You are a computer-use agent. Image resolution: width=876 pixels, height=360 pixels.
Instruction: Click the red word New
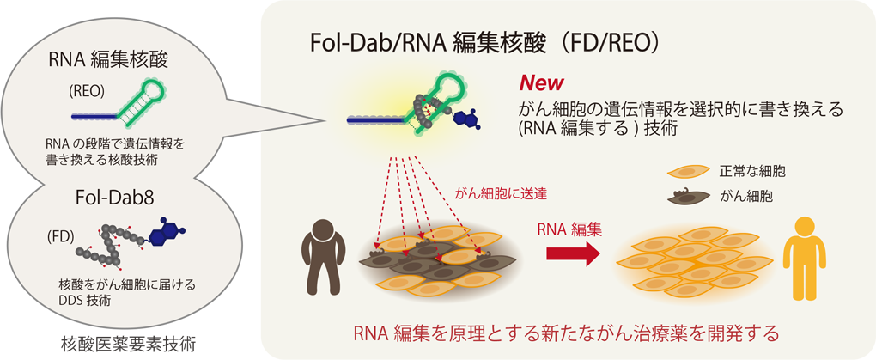click(x=540, y=83)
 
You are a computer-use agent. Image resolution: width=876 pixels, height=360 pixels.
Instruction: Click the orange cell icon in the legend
click(x=686, y=173)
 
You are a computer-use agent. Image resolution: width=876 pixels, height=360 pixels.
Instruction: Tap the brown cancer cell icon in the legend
click(x=686, y=197)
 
